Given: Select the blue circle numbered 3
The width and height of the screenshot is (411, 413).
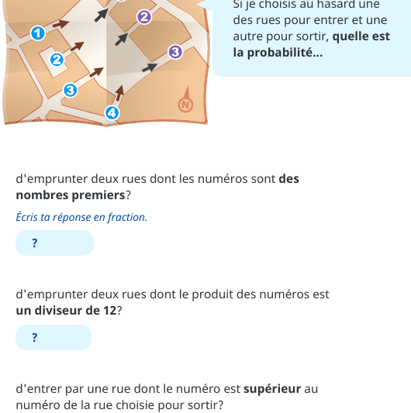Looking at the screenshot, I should [x=70, y=91].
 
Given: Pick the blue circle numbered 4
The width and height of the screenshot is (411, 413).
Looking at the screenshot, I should [x=112, y=114].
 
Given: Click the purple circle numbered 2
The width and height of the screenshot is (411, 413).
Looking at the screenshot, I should [x=143, y=16].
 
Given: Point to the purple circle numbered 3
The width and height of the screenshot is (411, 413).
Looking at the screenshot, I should [x=174, y=52].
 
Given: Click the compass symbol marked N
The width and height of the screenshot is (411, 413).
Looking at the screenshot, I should [x=185, y=105].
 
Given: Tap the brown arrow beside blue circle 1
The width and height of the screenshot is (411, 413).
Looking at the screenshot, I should [x=61, y=25].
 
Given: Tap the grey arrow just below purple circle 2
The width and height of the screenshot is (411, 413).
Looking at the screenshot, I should [x=121, y=39].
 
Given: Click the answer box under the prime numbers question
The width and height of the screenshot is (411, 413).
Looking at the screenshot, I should [x=54, y=243].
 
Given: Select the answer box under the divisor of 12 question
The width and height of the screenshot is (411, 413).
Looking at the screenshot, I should [x=54, y=337].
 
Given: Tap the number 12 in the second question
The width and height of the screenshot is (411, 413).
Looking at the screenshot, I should [x=109, y=311].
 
